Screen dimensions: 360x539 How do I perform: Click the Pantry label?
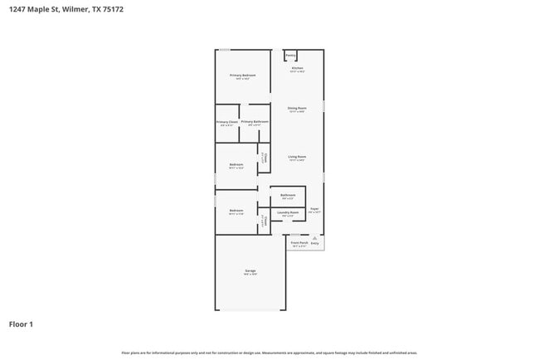click(291, 56)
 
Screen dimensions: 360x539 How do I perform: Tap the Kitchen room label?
click(297, 68)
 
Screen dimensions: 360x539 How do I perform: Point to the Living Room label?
click(297, 157)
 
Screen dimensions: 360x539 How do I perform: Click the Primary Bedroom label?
click(243, 75)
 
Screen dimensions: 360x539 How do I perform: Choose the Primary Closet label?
click(227, 123)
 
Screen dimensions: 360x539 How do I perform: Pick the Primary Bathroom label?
click(255, 122)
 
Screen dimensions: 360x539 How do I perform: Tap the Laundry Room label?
click(289, 212)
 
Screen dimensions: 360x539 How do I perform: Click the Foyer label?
click(314, 209)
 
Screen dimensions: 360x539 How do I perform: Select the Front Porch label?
click(299, 243)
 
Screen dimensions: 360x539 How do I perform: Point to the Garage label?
click(250, 271)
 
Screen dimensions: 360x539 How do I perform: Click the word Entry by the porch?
click(314, 243)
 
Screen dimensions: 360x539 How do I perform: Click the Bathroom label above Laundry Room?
click(288, 196)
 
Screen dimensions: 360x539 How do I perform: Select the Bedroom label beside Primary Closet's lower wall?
click(236, 164)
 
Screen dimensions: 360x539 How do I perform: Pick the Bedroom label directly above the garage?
click(236, 211)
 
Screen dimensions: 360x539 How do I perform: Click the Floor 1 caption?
click(21, 324)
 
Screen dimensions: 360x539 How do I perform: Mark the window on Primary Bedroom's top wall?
click(225, 50)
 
